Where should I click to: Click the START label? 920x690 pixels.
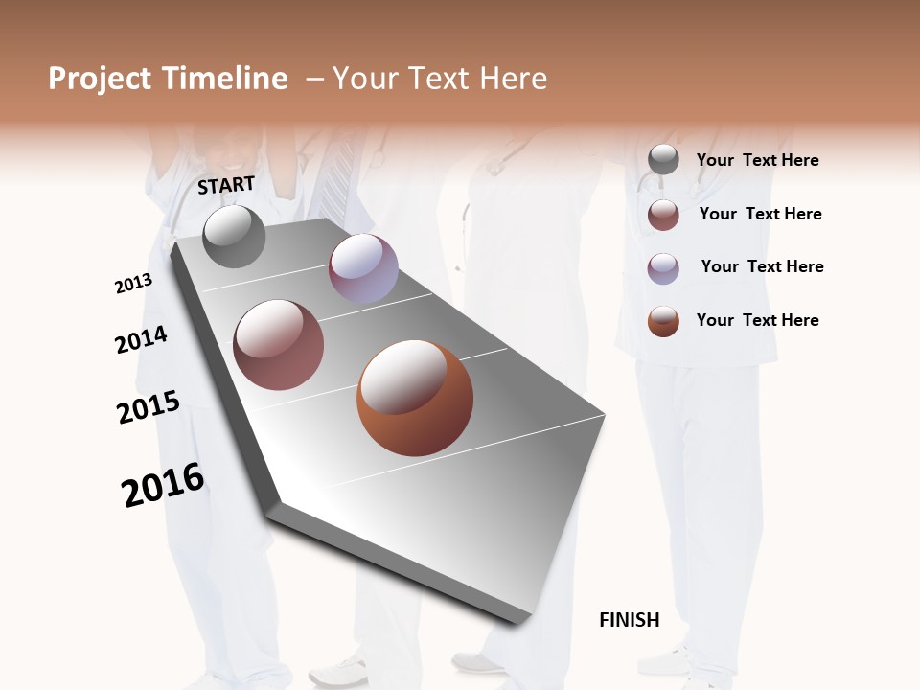(226, 185)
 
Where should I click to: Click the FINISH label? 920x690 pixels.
(630, 620)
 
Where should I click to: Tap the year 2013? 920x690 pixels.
(133, 284)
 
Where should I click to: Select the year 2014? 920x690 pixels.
(142, 339)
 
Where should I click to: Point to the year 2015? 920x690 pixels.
(149, 407)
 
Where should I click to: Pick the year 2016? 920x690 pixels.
(163, 484)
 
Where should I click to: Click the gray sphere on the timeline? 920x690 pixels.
(234, 237)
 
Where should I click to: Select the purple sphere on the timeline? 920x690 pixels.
(363, 268)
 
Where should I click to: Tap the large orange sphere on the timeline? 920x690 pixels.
(415, 398)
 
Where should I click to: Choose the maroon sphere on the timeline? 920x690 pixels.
(279, 345)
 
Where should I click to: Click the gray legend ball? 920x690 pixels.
(663, 160)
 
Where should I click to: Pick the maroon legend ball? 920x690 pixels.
(663, 215)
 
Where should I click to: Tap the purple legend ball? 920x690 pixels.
(663, 268)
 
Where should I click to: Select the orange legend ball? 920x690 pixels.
(663, 321)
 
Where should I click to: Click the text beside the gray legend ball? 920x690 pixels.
(757, 160)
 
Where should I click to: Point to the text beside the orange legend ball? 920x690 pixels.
(757, 320)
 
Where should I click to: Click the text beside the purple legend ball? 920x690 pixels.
(762, 266)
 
